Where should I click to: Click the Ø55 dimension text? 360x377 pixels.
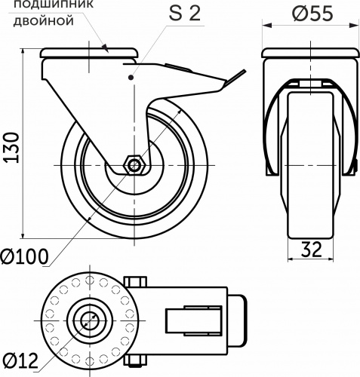[310, 14]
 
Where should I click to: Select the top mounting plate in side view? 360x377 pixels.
[90, 54]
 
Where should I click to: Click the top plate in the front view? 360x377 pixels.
[310, 55]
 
